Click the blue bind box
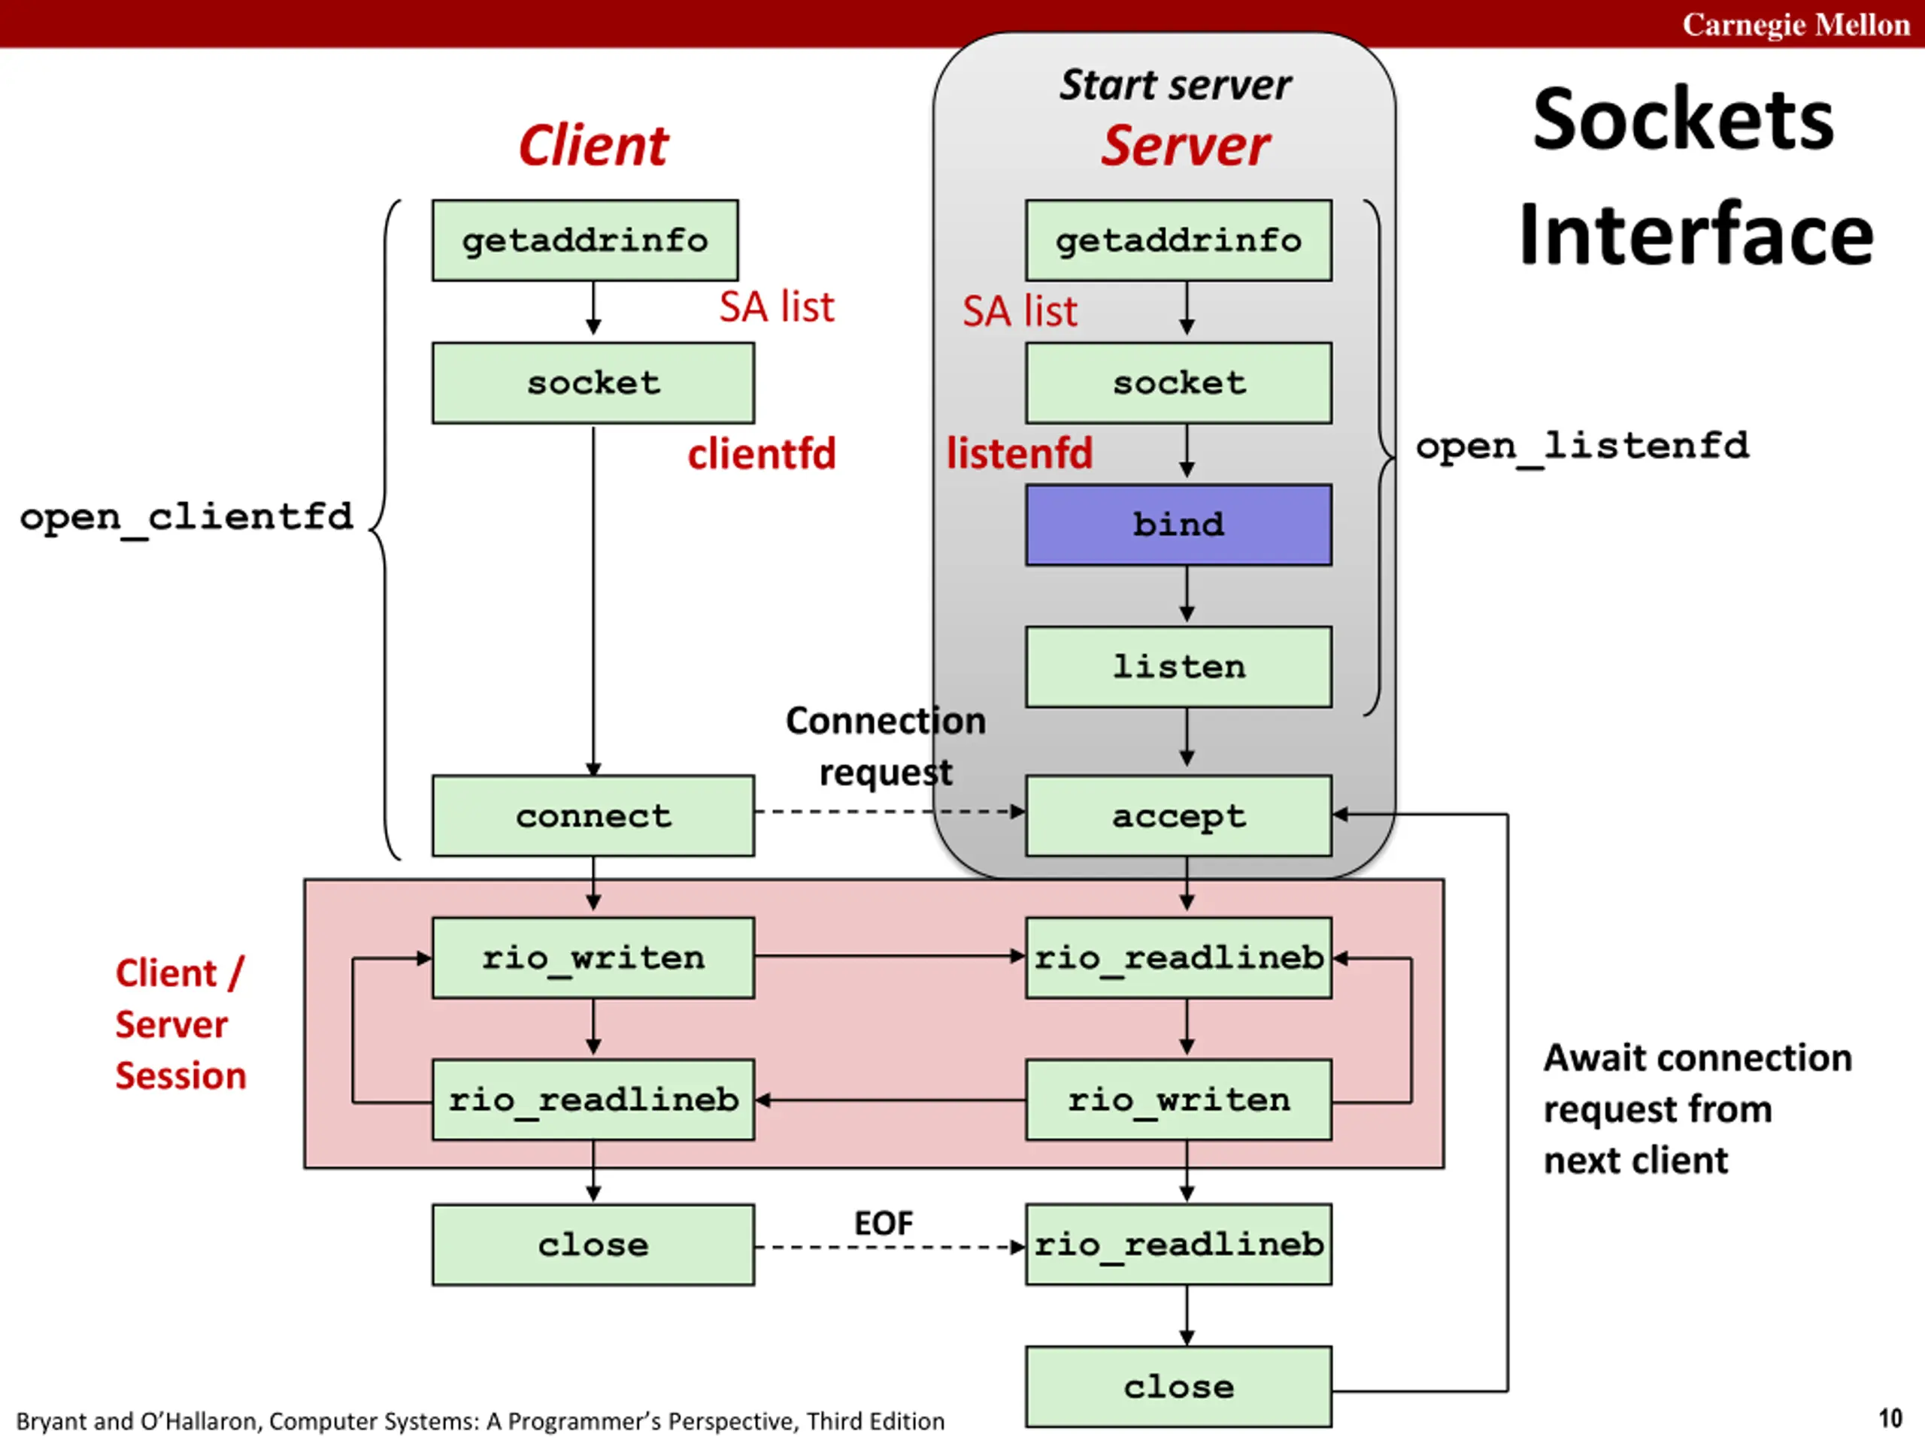tap(1178, 525)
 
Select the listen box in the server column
tap(1178, 667)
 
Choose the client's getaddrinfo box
tap(585, 240)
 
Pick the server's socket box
tap(1178, 383)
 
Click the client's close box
tap(593, 1244)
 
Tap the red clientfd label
tap(762, 454)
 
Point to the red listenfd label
tap(1019, 454)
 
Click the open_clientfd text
tap(186, 516)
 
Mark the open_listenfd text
tap(1581, 446)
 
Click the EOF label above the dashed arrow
tap(884, 1224)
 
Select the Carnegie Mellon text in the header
tap(1796, 24)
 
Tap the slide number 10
tap(1890, 1419)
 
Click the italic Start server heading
tap(1175, 85)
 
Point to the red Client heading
tap(593, 145)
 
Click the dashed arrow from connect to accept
tap(887, 812)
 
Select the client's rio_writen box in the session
tap(593, 957)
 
